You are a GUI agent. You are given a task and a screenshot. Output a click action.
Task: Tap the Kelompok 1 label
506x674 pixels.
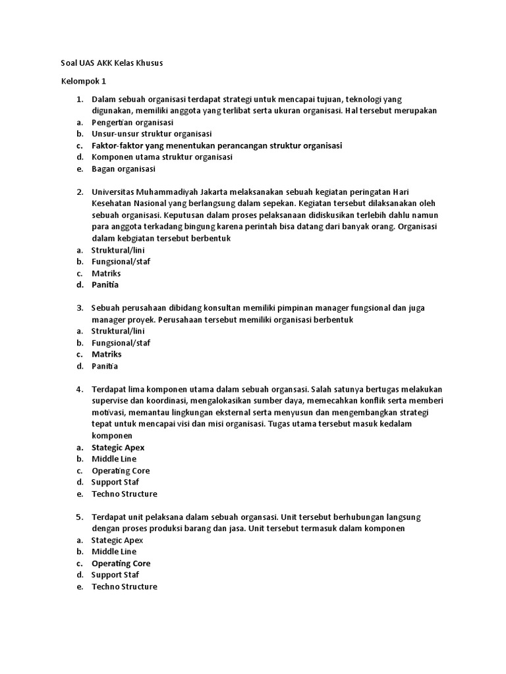(x=83, y=82)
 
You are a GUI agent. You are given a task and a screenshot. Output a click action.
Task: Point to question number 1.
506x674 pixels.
(x=79, y=99)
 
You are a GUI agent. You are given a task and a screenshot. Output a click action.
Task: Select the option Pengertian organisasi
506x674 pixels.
(x=132, y=122)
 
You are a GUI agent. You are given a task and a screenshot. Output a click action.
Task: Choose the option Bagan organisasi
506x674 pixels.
(x=123, y=168)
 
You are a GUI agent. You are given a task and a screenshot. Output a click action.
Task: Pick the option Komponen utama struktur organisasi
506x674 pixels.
(x=161, y=157)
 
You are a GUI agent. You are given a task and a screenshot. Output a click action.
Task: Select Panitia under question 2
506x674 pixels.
(x=105, y=285)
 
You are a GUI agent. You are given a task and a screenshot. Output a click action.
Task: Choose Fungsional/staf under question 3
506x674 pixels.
(x=121, y=343)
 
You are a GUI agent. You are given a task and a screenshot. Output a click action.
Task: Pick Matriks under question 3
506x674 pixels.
(x=106, y=354)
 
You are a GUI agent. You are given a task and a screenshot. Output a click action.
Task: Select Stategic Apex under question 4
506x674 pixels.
(x=118, y=448)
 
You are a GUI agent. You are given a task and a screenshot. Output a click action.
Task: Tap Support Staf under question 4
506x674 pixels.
(x=115, y=482)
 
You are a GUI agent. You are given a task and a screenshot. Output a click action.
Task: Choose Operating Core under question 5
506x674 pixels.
(x=121, y=563)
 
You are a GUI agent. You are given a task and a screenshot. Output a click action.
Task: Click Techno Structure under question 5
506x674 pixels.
(x=124, y=586)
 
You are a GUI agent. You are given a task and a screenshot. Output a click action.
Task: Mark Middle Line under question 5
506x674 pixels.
(x=114, y=552)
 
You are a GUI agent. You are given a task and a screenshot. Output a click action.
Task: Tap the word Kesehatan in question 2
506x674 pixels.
(x=111, y=203)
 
